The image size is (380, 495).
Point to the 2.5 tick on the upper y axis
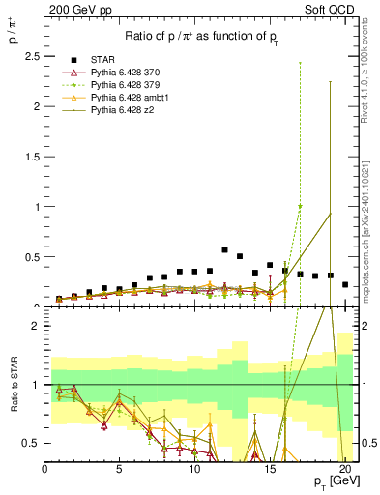tap(32, 57)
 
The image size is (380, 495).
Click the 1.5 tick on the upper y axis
tap(32, 157)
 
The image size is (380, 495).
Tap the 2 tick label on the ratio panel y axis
tap(36, 326)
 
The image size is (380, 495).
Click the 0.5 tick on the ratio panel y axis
tap(32, 443)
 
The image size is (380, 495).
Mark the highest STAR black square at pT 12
tap(225, 249)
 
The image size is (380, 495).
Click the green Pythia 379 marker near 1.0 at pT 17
tap(300, 206)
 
